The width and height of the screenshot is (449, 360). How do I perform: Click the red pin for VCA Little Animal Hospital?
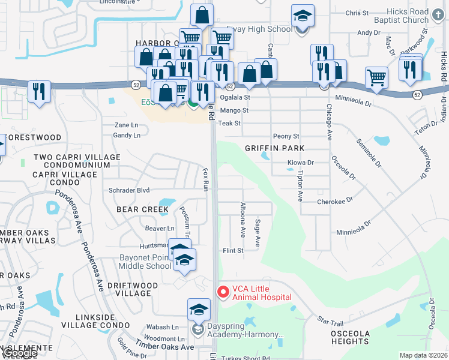click(223, 292)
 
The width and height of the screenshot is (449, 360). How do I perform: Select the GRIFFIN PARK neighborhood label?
click(274, 148)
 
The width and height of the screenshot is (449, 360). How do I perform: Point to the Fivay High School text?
click(259, 29)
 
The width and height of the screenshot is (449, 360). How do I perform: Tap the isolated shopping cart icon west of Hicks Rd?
click(376, 77)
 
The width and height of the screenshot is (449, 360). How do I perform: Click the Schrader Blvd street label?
click(128, 190)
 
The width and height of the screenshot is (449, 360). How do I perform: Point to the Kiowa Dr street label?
click(301, 163)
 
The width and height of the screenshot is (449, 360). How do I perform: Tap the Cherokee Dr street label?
click(334, 202)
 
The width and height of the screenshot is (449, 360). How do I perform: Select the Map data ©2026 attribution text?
click(423, 355)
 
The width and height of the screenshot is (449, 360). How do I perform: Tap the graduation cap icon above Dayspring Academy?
click(199, 310)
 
